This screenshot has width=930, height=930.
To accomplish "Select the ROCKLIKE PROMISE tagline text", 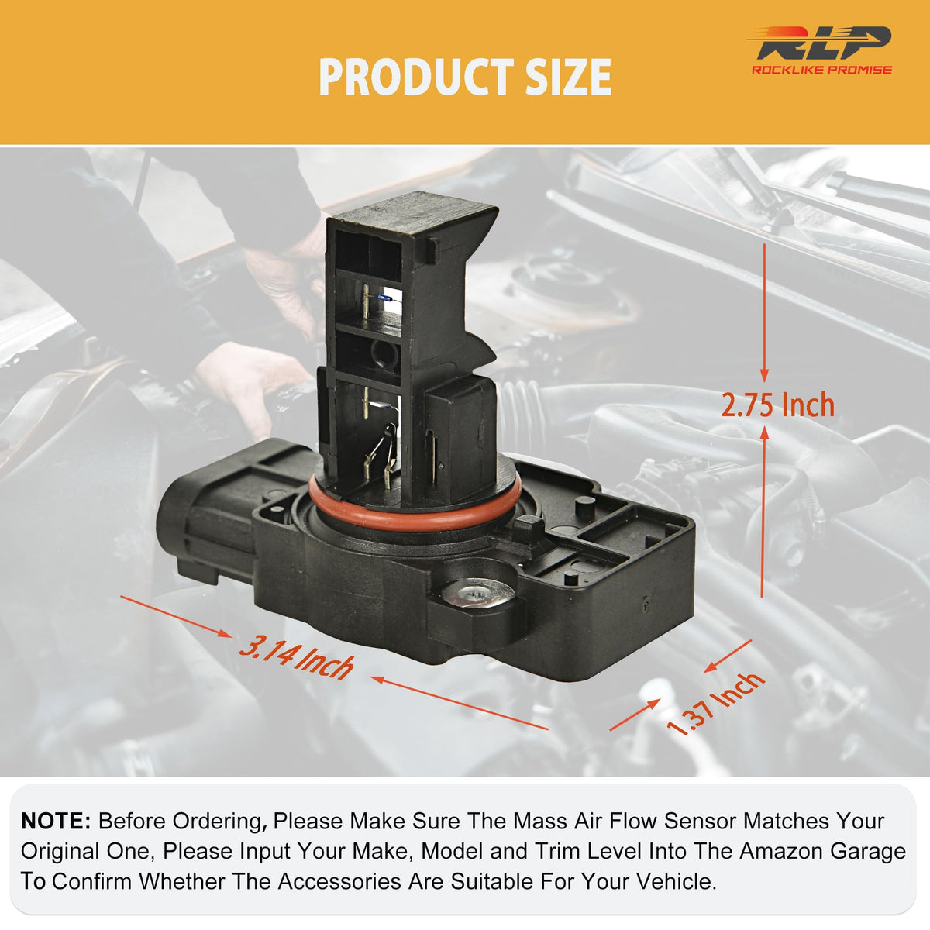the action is tap(821, 70).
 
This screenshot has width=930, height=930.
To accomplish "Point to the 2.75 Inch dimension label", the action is tap(777, 405).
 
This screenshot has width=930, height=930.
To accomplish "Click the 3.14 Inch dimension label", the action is tap(296, 658).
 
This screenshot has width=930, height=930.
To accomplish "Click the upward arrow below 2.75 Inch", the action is tap(763, 511).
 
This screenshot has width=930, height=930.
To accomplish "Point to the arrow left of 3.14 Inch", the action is tap(176, 616).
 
